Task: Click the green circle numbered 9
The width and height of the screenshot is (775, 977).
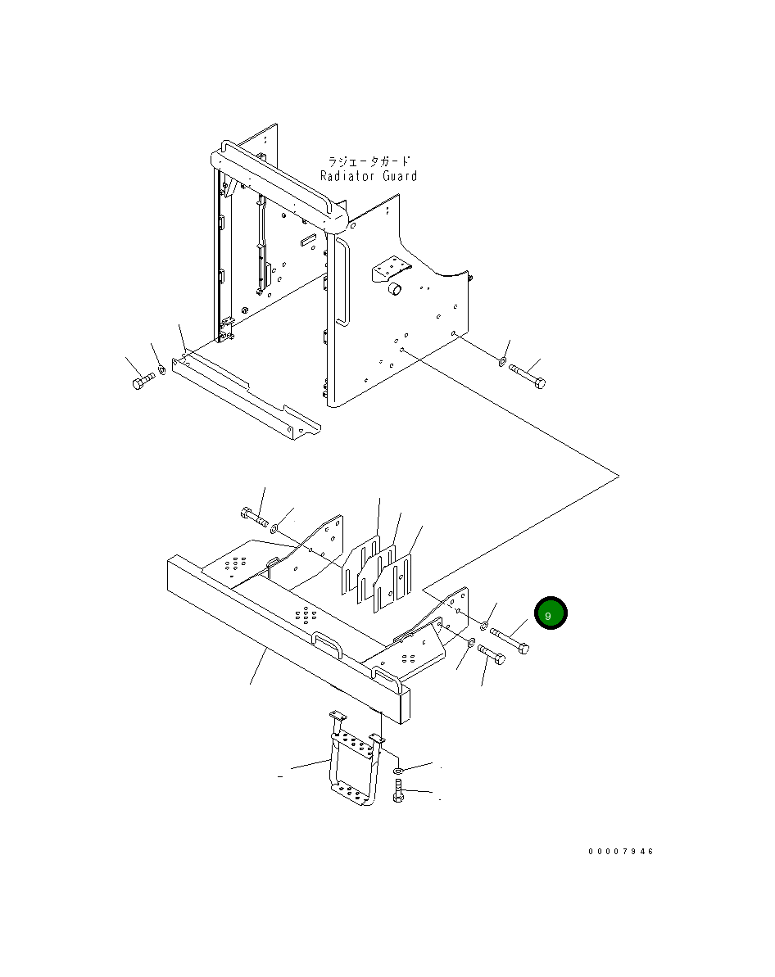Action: coord(551,613)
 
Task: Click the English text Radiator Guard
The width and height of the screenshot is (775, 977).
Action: coord(369,176)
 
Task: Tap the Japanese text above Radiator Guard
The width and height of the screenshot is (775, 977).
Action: coord(369,161)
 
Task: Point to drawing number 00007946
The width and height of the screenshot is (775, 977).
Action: coord(621,851)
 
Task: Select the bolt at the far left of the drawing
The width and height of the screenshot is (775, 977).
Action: coord(143,381)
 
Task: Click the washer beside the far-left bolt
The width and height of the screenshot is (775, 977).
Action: coord(161,369)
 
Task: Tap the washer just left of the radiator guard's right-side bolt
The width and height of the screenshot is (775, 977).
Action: coord(502,361)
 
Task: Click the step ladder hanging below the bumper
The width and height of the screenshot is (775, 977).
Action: coord(355,758)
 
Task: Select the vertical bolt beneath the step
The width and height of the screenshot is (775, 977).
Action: coord(398,790)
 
